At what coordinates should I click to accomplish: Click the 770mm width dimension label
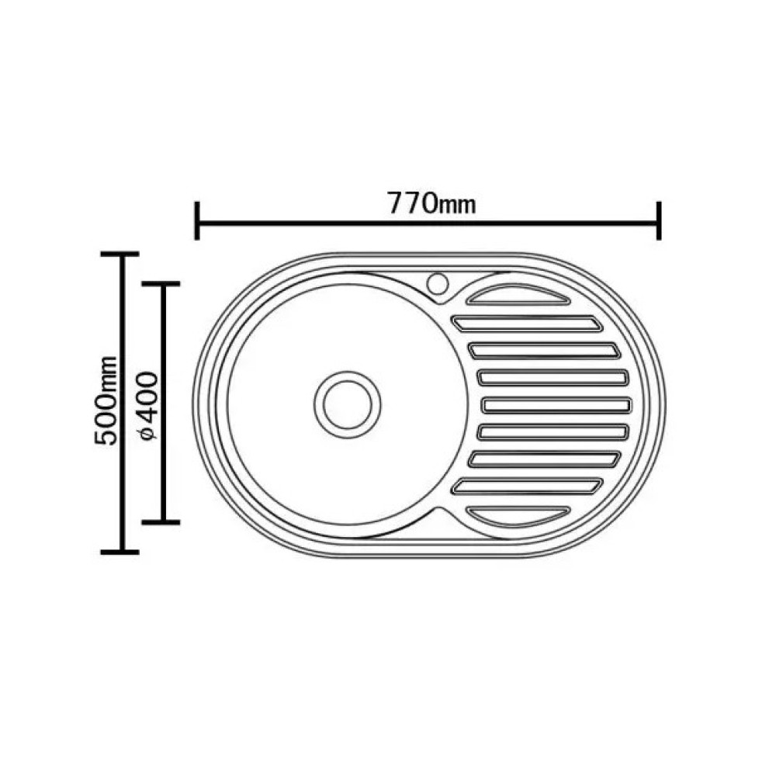click(x=431, y=203)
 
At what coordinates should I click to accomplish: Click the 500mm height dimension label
click(x=107, y=400)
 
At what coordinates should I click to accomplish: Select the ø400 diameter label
click(x=147, y=405)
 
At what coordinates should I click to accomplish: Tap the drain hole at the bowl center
click(x=348, y=404)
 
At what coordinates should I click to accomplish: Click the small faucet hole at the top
click(x=438, y=284)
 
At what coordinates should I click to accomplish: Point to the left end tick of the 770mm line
click(x=197, y=220)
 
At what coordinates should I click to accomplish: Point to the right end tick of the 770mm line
click(x=659, y=220)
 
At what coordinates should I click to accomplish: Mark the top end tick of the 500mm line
click(x=120, y=255)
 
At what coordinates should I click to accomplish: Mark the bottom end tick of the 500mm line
click(x=120, y=552)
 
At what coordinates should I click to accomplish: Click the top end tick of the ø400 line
click(x=161, y=284)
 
